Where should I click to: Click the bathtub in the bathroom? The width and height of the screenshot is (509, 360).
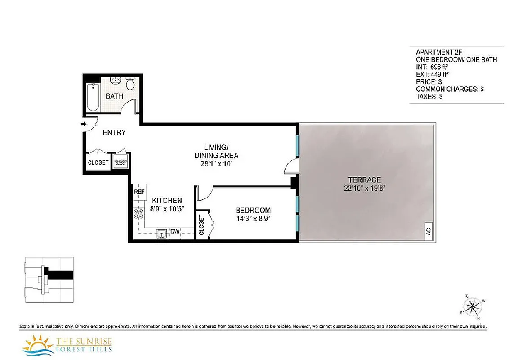pyautogui.click(x=94, y=97)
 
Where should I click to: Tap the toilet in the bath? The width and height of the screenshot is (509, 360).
pyautogui.click(x=130, y=84)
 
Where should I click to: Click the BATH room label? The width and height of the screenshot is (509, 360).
pyautogui.click(x=115, y=96)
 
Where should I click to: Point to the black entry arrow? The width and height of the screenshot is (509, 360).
pyautogui.click(x=84, y=124)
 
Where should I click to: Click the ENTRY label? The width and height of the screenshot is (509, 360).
pyautogui.click(x=114, y=132)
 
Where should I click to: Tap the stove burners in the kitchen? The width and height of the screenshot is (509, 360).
pyautogui.click(x=138, y=214)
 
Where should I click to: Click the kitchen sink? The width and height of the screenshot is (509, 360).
pyautogui.click(x=161, y=233)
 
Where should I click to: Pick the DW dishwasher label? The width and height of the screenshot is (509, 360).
pyautogui.click(x=175, y=232)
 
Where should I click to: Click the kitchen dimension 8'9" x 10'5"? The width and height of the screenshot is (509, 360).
pyautogui.click(x=167, y=209)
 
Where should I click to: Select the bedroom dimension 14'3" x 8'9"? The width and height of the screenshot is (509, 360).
pyautogui.click(x=253, y=219)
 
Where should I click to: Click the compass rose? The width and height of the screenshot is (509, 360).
pyautogui.click(x=472, y=307)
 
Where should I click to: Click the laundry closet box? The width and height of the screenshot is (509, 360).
pyautogui.click(x=121, y=162)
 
